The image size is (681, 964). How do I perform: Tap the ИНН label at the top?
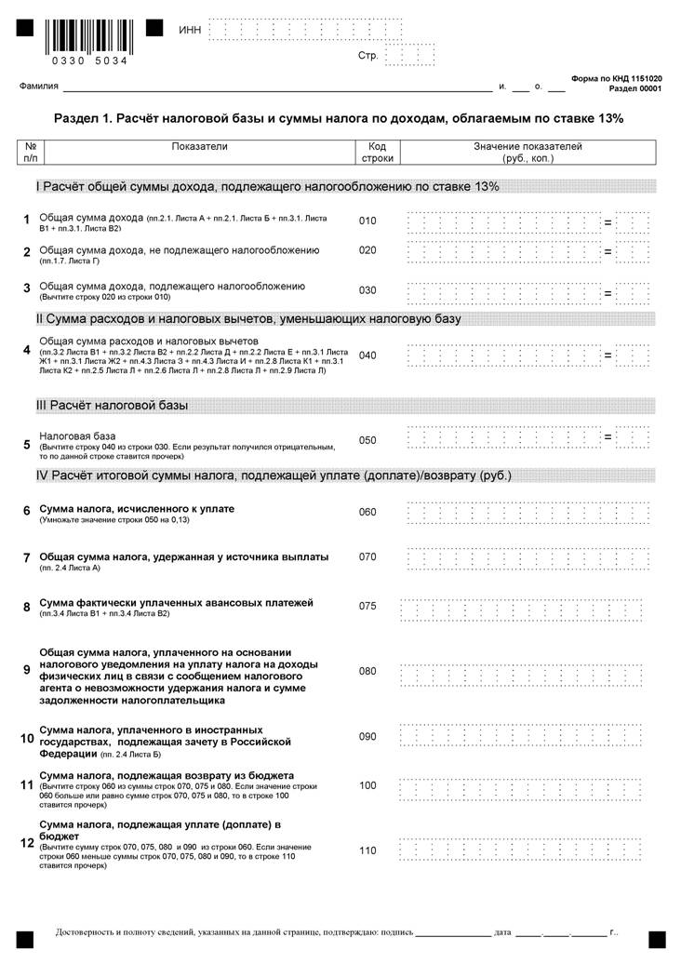tap(189, 31)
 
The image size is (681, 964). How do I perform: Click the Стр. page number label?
tap(367, 56)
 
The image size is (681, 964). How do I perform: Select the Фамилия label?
tap(38, 87)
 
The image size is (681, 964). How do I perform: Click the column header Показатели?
tap(199, 147)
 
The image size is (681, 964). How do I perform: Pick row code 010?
tap(367, 221)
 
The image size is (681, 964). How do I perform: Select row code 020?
tap(367, 250)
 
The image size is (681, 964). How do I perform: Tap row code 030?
tap(367, 290)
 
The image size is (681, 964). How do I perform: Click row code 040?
tap(367, 355)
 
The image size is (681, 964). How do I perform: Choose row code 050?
tap(367, 439)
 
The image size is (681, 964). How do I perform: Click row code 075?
tap(367, 607)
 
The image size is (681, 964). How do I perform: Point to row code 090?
tap(367, 737)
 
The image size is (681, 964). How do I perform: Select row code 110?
tap(367, 850)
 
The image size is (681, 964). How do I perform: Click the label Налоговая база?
tap(77, 435)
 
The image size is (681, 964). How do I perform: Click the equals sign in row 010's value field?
tap(608, 223)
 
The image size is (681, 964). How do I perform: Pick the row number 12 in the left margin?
tap(27, 843)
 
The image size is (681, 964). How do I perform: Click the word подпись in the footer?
tap(395, 931)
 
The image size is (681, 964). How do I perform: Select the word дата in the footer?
tap(502, 931)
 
